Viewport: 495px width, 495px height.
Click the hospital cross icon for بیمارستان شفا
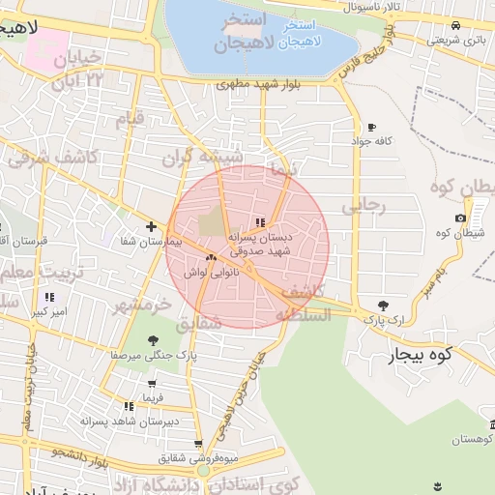(x=151, y=227)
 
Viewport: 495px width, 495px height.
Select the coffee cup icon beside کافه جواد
(x=371, y=128)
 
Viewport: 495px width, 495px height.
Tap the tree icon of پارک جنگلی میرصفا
(x=153, y=340)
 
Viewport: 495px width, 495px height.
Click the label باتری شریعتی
(x=455, y=40)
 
